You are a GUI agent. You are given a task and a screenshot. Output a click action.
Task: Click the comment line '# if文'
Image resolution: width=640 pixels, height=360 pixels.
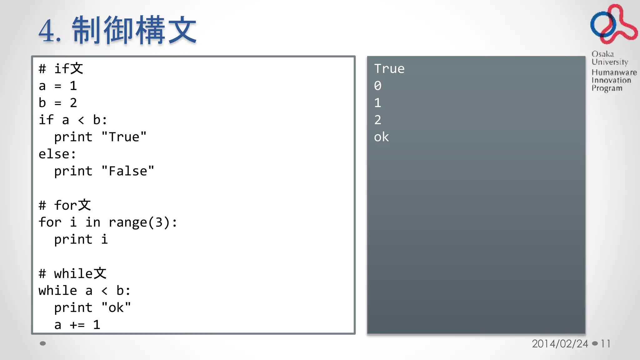click(61, 69)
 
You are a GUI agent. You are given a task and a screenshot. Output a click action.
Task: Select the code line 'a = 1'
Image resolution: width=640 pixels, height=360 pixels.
click(58, 86)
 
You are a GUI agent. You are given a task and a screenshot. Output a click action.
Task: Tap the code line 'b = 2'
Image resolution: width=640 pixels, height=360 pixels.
click(58, 103)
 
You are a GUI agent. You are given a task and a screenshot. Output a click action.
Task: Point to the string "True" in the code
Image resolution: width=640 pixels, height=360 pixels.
click(124, 137)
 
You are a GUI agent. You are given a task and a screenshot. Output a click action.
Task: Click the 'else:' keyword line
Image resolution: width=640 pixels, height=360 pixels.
click(57, 154)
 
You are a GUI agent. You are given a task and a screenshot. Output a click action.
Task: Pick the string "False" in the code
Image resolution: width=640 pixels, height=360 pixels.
click(128, 171)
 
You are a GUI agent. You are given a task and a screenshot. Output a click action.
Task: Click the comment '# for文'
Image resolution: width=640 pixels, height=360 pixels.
click(65, 205)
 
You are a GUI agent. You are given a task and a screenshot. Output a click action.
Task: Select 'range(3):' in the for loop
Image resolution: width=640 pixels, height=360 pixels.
click(143, 222)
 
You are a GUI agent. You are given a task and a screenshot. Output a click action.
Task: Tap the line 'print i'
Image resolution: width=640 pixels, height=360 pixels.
click(81, 240)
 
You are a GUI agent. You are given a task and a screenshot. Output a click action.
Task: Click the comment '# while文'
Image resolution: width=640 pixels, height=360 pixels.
click(72, 274)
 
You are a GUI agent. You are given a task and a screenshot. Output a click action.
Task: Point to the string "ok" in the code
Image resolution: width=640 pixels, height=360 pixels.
click(116, 308)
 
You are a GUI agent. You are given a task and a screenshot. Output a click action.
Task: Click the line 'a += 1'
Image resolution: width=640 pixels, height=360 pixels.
click(77, 325)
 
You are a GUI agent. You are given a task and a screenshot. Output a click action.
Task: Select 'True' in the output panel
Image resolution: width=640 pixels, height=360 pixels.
click(389, 69)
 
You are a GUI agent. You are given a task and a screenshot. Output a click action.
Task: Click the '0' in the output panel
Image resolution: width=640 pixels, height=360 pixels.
click(377, 86)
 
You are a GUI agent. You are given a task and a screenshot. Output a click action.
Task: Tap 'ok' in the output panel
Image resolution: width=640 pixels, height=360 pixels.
click(381, 137)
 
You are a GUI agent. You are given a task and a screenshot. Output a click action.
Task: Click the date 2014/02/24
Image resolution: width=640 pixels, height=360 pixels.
click(560, 344)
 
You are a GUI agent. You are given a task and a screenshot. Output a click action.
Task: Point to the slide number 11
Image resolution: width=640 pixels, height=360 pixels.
click(605, 344)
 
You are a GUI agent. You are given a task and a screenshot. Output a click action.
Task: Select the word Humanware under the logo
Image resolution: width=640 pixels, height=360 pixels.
click(614, 72)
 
